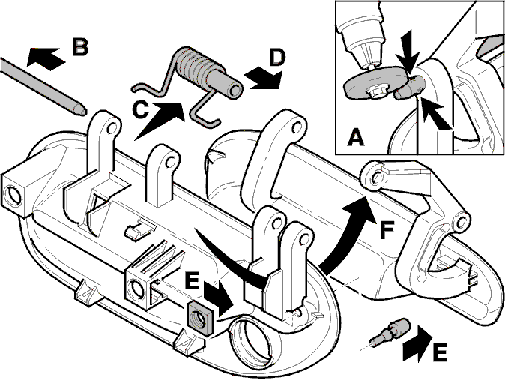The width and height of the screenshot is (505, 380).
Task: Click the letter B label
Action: click(80, 46)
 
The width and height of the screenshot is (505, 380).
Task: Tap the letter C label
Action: click(140, 109)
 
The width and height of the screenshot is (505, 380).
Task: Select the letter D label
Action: click(277, 58)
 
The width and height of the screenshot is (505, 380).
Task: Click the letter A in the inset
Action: click(356, 137)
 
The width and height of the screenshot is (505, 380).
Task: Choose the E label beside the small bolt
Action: click(439, 352)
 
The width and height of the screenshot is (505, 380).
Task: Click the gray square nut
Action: click(200, 317)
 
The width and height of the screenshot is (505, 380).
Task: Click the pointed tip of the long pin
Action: click(86, 112)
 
